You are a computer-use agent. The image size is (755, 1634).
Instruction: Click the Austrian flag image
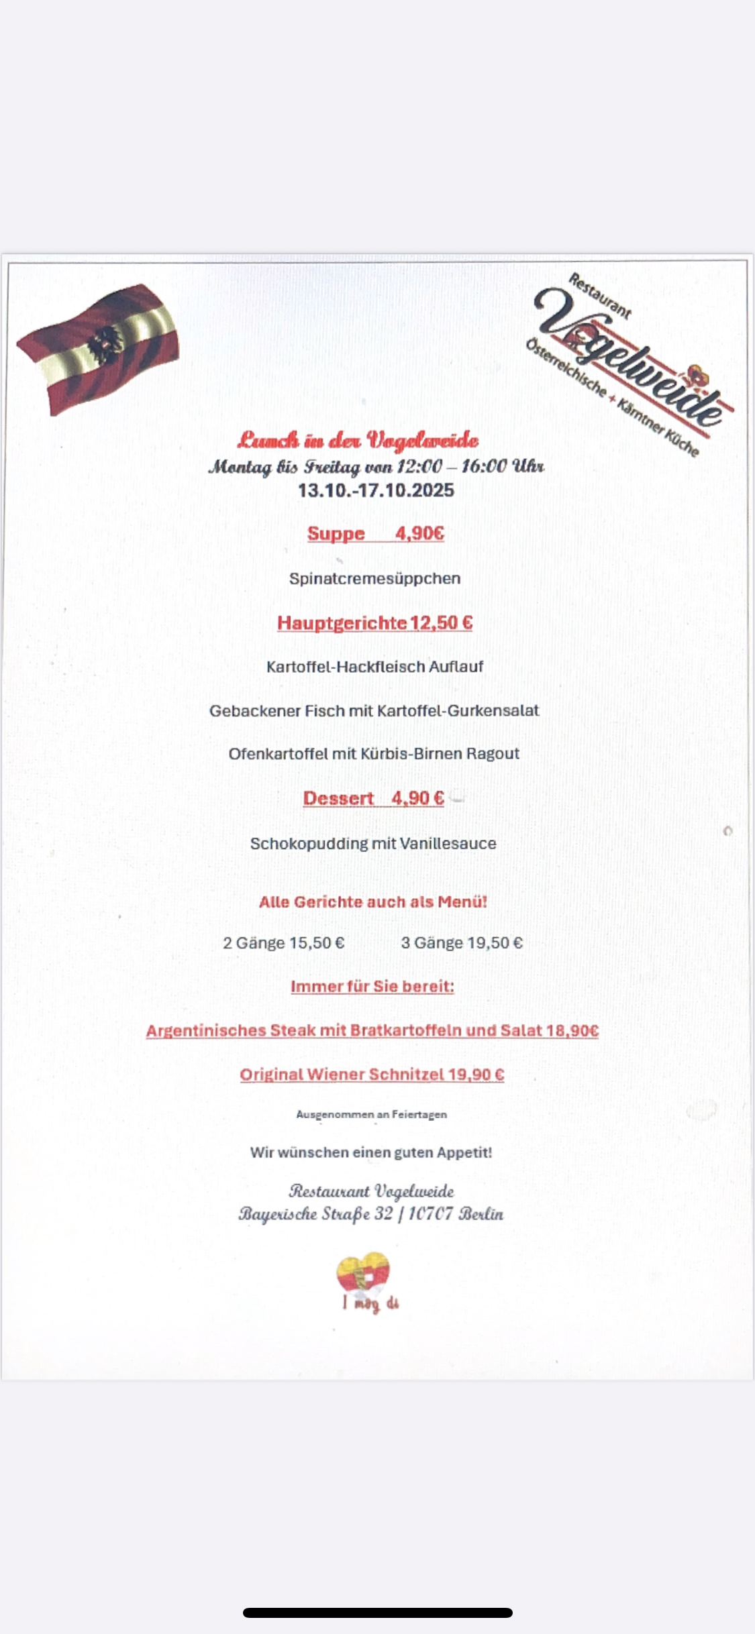tap(99, 349)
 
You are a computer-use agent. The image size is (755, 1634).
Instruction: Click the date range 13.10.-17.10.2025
tap(376, 490)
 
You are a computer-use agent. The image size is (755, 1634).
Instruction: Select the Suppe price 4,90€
tap(419, 533)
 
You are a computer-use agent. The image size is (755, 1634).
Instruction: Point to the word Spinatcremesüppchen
tap(374, 578)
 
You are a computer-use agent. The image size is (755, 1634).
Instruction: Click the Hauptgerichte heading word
tap(342, 623)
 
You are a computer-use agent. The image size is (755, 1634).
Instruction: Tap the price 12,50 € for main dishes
tap(442, 623)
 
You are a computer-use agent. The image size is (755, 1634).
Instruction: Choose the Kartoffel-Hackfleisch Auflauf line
tap(374, 667)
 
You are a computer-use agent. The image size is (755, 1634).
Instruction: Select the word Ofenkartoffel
tap(278, 754)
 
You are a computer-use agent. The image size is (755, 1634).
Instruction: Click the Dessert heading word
tap(338, 798)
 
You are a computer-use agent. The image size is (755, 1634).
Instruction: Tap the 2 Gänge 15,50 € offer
tap(283, 943)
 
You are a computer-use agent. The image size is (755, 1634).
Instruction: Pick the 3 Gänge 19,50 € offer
tap(462, 943)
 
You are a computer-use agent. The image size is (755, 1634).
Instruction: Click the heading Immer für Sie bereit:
tap(372, 987)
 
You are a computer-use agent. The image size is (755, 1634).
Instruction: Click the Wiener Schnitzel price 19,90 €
tap(476, 1075)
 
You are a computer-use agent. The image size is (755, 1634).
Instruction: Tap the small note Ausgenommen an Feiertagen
tap(371, 1114)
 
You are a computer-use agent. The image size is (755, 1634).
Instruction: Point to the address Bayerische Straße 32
tap(315, 1214)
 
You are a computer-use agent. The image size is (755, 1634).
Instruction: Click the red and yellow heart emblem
tap(363, 1272)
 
